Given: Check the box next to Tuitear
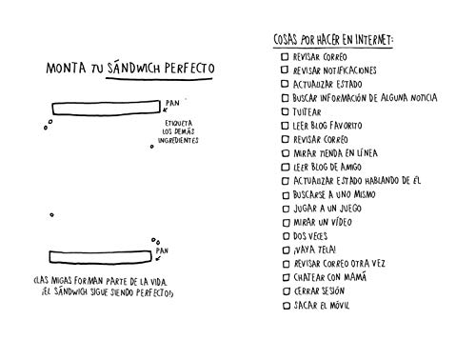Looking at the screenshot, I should pos(284,111).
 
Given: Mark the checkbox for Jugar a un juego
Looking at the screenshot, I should pos(284,208).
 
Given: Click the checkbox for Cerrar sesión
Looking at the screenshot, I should pos(284,290).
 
